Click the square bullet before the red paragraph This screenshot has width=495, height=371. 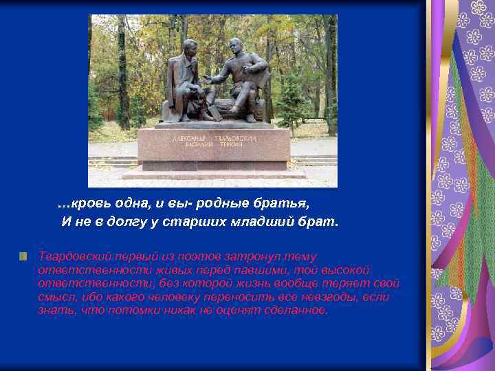tap(23, 256)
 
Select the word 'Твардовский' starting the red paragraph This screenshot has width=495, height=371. tap(71, 256)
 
